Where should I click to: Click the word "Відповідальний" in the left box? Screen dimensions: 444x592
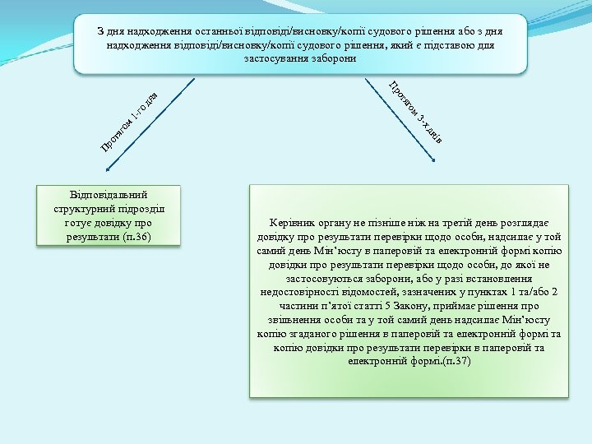click(109, 195)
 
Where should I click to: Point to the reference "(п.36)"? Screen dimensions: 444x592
click(136, 238)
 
